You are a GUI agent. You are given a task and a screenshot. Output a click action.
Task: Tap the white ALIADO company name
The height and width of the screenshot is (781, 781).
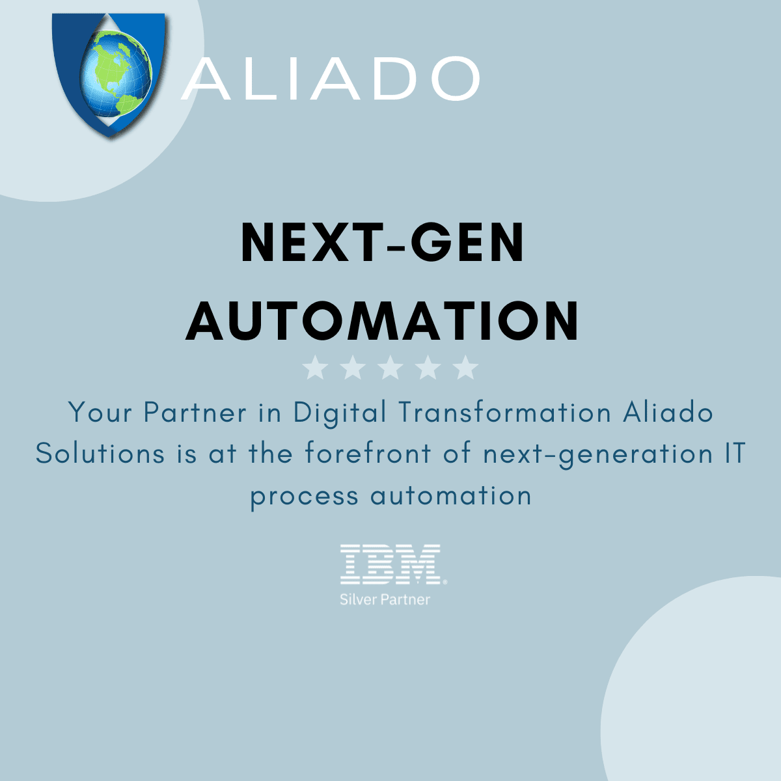331,79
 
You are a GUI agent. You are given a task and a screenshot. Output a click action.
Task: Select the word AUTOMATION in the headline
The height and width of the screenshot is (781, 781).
383,321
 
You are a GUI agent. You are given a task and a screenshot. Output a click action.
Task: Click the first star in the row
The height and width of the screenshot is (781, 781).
316,368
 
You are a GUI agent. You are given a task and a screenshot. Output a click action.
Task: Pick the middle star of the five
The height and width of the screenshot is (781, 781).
390,368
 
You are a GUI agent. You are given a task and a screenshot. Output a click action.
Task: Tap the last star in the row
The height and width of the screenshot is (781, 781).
465,368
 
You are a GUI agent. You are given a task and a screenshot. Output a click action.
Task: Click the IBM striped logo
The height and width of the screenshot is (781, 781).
390,564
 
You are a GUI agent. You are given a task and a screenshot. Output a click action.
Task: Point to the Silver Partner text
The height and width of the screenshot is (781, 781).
385,599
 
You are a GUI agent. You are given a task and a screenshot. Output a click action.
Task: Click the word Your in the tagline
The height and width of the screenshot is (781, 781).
100,413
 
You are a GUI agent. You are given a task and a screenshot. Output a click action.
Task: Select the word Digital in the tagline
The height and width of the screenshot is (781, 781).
340,413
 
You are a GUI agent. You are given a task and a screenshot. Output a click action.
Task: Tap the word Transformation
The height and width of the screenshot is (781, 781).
504,413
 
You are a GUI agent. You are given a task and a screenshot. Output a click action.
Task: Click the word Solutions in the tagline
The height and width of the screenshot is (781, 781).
100,454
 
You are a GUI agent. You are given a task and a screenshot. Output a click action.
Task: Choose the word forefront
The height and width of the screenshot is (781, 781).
368,454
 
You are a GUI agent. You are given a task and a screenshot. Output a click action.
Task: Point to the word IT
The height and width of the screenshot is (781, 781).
734,454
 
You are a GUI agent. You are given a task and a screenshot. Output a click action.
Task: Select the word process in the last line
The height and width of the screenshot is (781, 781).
304,497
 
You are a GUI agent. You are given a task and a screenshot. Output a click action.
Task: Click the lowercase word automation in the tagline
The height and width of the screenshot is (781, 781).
451,496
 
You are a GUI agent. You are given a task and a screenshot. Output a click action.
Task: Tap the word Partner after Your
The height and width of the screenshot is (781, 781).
195,413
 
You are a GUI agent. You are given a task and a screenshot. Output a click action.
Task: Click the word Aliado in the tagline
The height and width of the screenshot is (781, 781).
668,413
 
